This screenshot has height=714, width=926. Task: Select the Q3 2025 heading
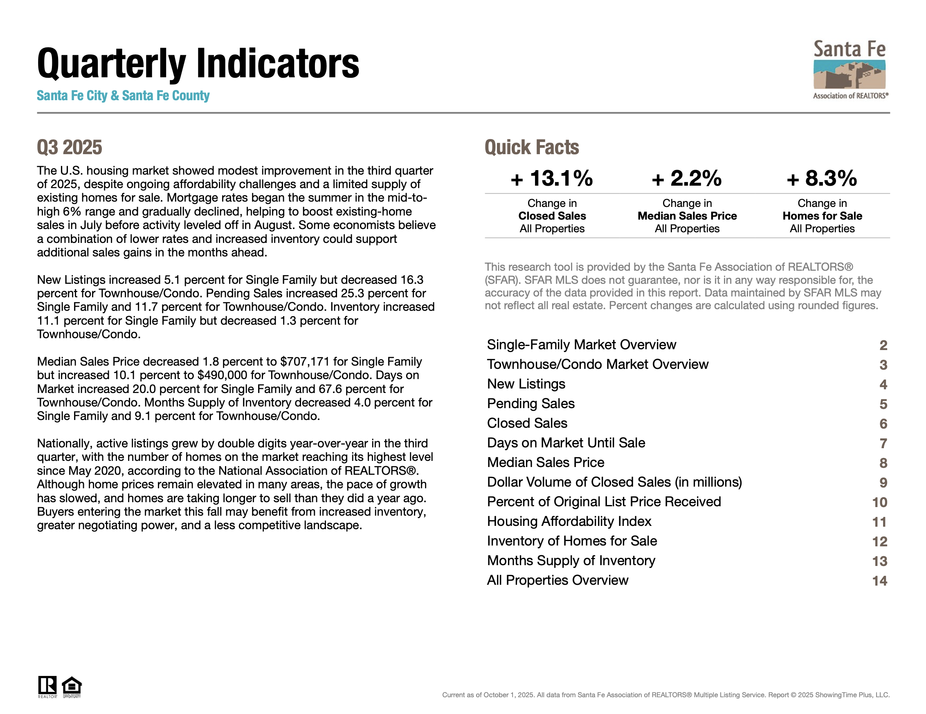70,148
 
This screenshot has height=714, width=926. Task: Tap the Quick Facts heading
532,148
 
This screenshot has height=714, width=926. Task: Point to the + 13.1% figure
552,178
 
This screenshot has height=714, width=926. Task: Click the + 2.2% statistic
686,178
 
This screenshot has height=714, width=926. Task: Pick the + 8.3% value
822,178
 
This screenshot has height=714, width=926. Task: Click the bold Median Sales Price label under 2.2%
687,216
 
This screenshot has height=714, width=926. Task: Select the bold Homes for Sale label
822,216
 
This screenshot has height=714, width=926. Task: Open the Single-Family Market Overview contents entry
581,345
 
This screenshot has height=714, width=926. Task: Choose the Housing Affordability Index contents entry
569,521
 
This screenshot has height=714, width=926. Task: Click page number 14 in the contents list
879,581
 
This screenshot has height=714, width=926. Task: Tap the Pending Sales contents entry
531,404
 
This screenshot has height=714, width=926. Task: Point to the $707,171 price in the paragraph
305,361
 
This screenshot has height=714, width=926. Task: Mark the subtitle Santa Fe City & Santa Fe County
123,96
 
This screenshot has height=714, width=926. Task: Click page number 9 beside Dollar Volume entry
883,483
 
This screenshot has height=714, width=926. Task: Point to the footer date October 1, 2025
508,695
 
